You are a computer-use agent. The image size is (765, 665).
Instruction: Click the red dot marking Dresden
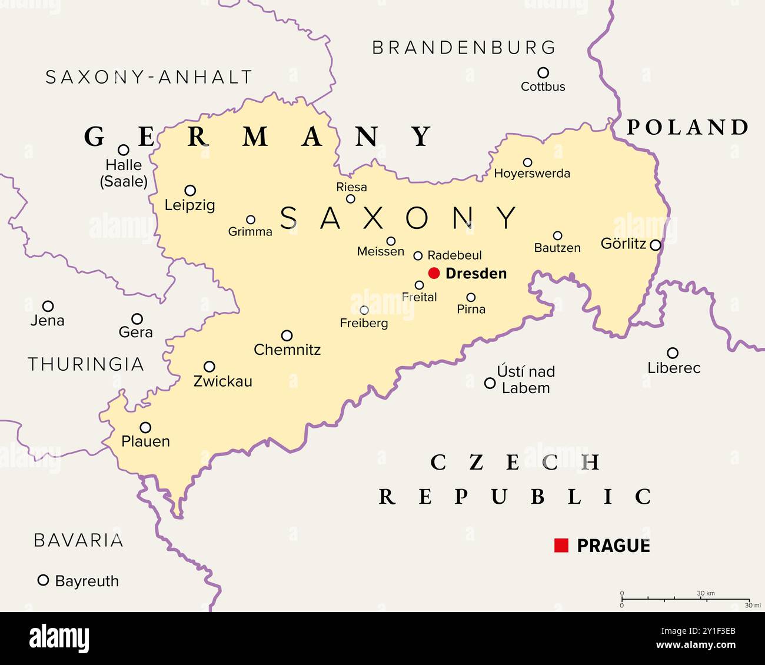point(434,272)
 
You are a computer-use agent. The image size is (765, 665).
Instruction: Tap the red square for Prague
point(561,546)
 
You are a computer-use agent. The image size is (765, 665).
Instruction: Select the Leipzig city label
point(189,205)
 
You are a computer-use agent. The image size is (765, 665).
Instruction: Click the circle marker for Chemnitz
point(287,335)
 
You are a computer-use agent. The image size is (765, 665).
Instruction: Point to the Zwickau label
point(222,381)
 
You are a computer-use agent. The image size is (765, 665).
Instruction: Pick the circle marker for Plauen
point(145,427)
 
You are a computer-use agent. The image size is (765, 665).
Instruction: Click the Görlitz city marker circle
point(655,245)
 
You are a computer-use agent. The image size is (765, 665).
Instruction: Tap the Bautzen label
point(557,248)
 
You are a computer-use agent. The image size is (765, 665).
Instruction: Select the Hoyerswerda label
point(531,174)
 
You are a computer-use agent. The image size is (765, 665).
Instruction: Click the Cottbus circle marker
point(543,72)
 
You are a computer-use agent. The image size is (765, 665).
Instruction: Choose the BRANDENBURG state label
point(464,48)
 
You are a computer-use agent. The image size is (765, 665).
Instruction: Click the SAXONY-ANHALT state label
point(149,77)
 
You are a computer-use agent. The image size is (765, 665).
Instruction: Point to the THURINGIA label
point(86,364)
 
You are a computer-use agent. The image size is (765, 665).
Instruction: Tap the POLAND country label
point(687,127)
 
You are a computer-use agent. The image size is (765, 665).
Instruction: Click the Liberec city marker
point(673,353)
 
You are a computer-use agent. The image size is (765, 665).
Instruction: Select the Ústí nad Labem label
point(525,380)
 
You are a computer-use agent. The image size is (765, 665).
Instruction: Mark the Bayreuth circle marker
point(43,580)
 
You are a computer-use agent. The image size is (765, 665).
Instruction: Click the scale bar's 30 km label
point(706,593)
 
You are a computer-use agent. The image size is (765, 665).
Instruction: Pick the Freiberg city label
point(364,323)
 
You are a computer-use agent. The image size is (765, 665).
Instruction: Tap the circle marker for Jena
point(48,306)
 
